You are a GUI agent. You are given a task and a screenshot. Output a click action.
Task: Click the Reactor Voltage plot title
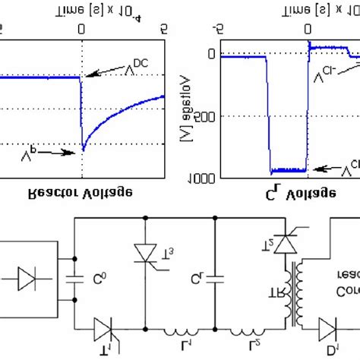(x=84, y=193)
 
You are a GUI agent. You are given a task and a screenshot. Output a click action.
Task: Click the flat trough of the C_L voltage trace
(x=288, y=171)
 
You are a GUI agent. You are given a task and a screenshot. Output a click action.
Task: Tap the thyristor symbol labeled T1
(x=105, y=331)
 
